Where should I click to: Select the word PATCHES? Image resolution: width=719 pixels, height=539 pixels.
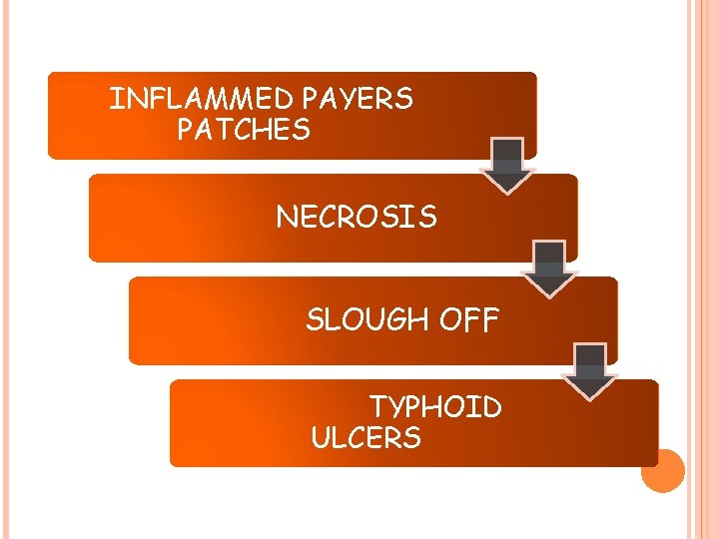(243, 130)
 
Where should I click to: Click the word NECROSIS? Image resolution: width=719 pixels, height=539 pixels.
(357, 218)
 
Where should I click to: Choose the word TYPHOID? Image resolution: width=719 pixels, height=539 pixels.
(436, 407)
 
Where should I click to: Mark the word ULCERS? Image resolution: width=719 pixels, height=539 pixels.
(365, 438)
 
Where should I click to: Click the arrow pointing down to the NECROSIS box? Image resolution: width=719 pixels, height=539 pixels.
(509, 165)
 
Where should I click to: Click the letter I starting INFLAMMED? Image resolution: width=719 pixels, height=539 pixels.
(113, 99)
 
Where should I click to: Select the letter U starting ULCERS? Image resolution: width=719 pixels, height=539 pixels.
(321, 438)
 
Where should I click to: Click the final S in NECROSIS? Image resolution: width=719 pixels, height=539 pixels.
(428, 218)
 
